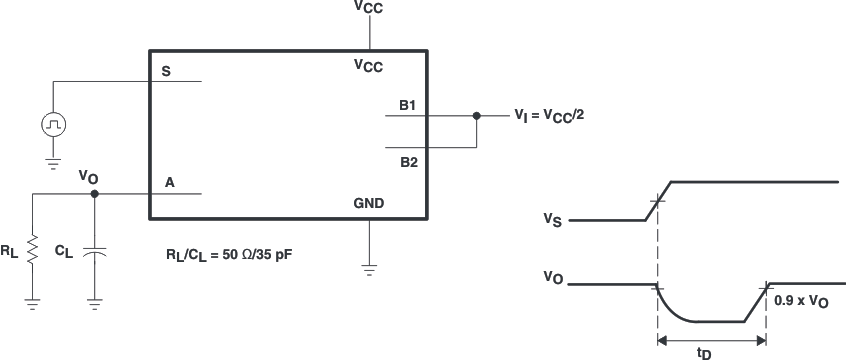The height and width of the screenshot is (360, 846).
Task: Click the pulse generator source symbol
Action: (x=53, y=124)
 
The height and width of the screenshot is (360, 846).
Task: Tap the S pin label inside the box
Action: (x=165, y=71)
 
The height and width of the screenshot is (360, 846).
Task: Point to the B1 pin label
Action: (x=407, y=104)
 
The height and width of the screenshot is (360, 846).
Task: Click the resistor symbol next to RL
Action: (x=32, y=248)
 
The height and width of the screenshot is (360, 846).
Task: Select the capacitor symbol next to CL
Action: (x=95, y=253)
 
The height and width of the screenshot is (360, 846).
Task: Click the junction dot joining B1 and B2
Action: (x=477, y=116)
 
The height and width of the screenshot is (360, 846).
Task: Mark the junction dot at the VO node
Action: (x=95, y=194)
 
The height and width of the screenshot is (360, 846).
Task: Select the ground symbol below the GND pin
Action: (x=370, y=268)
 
